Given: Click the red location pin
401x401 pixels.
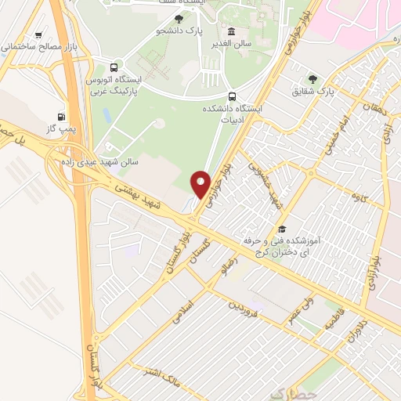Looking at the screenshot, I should [x=200, y=184].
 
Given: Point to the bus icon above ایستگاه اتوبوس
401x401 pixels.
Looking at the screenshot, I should [x=115, y=67].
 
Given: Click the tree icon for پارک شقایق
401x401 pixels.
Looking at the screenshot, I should [x=313, y=78].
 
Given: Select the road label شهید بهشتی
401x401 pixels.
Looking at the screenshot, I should [x=136, y=195].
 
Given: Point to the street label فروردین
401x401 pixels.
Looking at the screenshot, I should [x=244, y=305].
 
